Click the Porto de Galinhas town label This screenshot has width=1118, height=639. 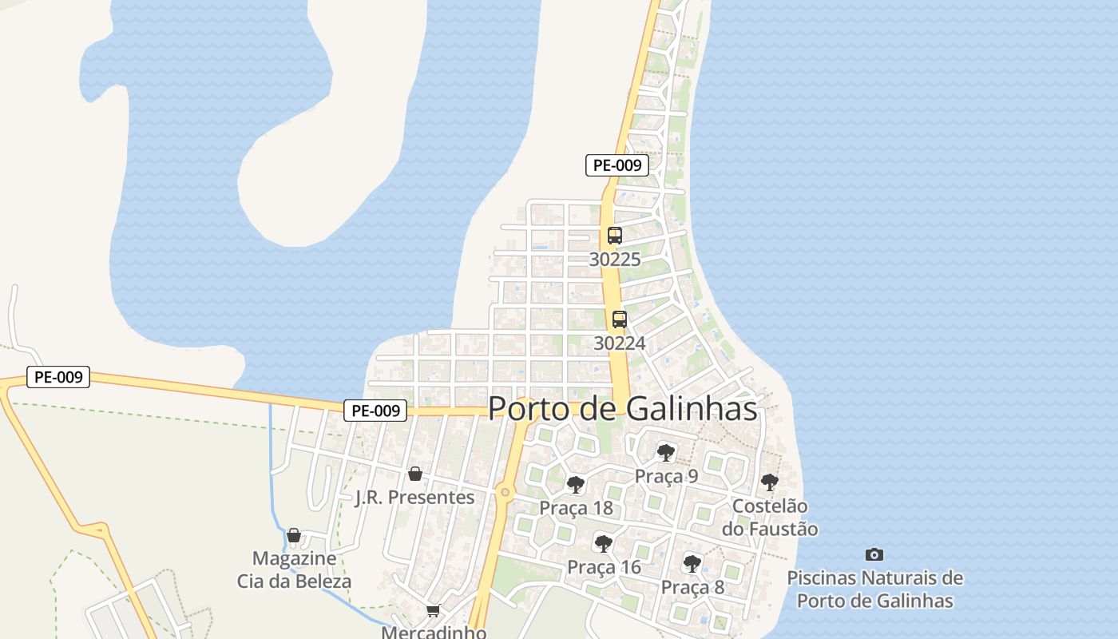(622, 408)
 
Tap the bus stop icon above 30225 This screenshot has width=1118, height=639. (614, 236)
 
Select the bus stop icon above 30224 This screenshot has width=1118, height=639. (619, 319)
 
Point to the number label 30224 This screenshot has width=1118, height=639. (619, 343)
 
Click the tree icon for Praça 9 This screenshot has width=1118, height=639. (665, 453)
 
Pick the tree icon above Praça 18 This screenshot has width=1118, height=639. (575, 484)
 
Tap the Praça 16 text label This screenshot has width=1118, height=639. (604, 567)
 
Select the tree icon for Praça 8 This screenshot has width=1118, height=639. (692, 564)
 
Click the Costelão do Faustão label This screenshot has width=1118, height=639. (770, 518)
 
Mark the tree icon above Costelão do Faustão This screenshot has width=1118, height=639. (769, 482)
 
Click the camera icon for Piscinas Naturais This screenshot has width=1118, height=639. (874, 554)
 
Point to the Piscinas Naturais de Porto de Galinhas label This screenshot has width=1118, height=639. (875, 589)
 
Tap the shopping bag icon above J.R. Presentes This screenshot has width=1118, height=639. (414, 474)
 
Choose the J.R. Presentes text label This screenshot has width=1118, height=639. (414, 497)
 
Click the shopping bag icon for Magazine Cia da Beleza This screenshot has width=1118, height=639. (294, 535)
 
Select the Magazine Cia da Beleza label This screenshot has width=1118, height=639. (294, 570)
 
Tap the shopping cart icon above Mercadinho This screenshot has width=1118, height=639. (433, 611)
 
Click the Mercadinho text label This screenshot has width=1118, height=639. (434, 632)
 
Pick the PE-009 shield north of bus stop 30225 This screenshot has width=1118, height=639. (616, 165)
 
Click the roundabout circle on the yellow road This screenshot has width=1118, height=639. (505, 492)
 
